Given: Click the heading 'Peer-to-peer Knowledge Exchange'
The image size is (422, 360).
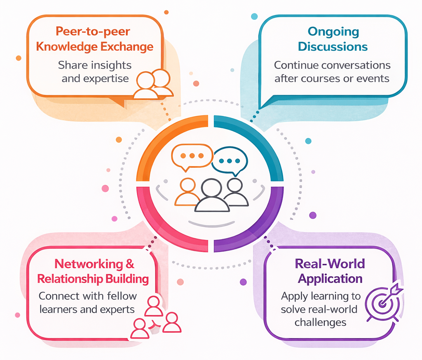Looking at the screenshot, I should (x=94, y=39).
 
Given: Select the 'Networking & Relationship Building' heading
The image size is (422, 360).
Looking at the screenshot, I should (x=93, y=271).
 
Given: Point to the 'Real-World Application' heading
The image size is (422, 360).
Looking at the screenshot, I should (x=330, y=271).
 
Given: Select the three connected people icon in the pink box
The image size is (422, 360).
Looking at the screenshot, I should (x=155, y=317).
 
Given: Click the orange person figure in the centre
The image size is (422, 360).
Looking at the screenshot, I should (x=188, y=192).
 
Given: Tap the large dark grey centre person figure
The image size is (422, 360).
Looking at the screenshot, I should (x=212, y=196).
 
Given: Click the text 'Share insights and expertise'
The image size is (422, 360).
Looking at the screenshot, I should (x=95, y=71).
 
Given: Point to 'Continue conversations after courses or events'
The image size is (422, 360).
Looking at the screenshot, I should (x=332, y=71).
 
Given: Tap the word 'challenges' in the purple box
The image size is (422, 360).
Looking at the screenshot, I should (x=320, y=322).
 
